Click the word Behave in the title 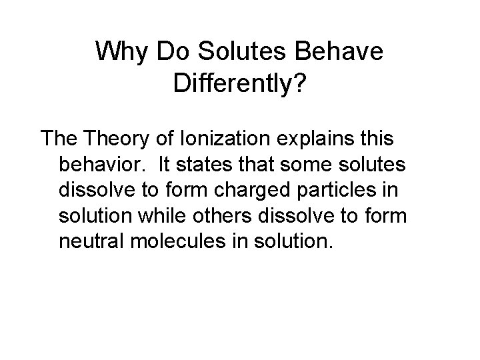[x=341, y=51]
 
